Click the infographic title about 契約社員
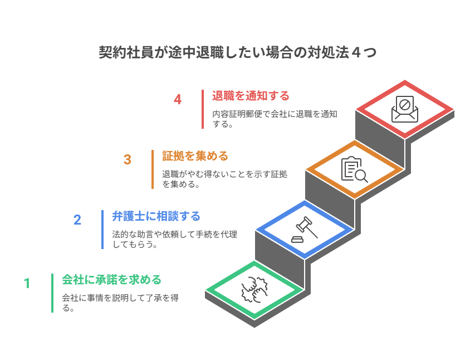click(237, 53)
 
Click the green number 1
click(27, 284)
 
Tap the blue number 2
click(77, 220)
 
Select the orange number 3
click(128, 160)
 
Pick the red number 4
click(178, 100)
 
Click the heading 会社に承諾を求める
click(111, 279)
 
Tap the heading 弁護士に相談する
click(156, 216)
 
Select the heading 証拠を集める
click(195, 155)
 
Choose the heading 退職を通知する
click(251, 96)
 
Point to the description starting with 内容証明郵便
click(275, 119)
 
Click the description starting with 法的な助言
click(174, 239)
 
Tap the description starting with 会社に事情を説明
click(120, 303)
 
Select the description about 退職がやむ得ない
click(224, 179)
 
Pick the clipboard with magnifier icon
click(354, 169)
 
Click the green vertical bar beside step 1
click(52, 293)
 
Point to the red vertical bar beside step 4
click(203, 109)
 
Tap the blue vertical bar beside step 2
click(102, 230)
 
